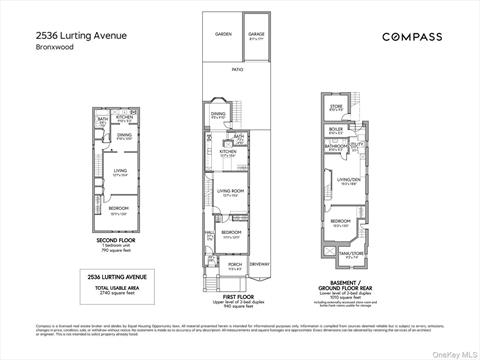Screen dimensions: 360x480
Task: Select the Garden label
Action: [x=223, y=34]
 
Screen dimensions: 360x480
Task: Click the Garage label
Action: [x=256, y=34]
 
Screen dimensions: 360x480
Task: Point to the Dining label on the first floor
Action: [x=218, y=115]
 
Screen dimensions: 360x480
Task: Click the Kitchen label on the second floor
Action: [x=124, y=116]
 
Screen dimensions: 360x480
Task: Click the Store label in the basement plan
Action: [x=336, y=106]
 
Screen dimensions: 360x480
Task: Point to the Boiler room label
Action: [x=336, y=128]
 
